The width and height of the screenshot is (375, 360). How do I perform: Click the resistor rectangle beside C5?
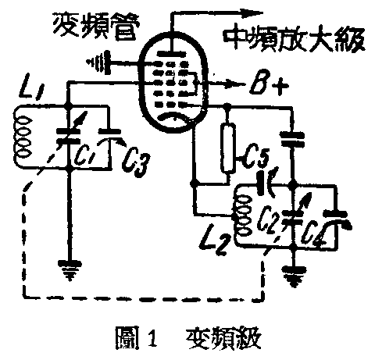(x=227, y=149)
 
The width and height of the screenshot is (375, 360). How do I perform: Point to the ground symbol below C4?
(x=294, y=274)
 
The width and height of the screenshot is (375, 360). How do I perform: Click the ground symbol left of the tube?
(x=101, y=56)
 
